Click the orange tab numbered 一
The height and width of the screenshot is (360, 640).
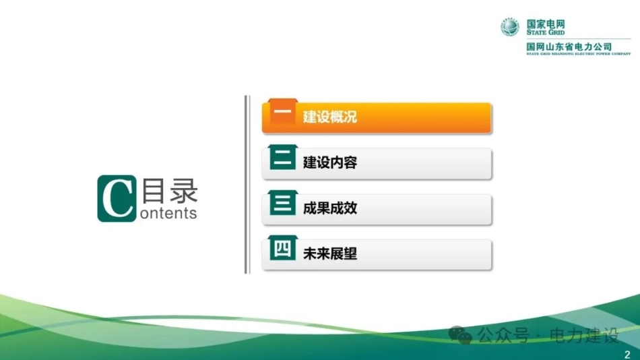point(282,111)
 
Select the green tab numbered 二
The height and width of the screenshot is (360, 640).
point(282,157)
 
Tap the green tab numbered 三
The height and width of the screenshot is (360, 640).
point(282,203)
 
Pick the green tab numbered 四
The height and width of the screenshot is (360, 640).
point(282,248)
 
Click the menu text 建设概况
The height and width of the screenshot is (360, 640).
point(330,117)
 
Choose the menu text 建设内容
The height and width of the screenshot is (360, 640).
point(330,162)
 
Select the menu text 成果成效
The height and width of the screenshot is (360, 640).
point(330,208)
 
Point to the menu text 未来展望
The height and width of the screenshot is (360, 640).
point(330,253)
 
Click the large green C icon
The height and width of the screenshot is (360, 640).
point(117,199)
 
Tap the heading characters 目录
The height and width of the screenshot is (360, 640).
point(170,191)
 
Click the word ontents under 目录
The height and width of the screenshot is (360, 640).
point(168,213)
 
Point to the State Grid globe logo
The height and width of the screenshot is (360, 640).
point(510,27)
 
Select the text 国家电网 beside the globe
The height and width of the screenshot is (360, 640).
point(546,24)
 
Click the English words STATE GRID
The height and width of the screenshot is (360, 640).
point(545,32)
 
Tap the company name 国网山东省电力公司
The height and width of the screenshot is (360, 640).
point(569,47)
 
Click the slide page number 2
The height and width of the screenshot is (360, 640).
point(627,355)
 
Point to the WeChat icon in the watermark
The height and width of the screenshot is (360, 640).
point(460,335)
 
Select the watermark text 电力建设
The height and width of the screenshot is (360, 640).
point(584,336)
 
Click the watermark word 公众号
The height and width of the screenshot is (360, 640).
point(503,336)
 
